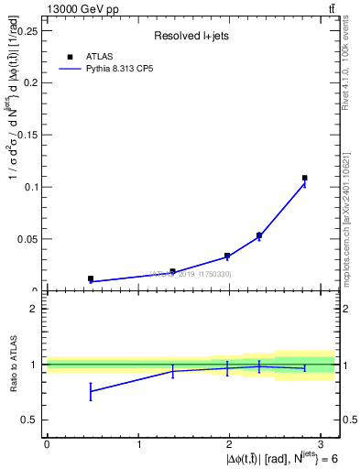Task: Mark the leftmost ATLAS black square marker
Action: click(x=91, y=278)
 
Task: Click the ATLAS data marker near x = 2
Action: click(x=227, y=256)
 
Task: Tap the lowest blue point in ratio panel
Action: click(x=91, y=391)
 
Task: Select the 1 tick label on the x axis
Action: click(x=138, y=443)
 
